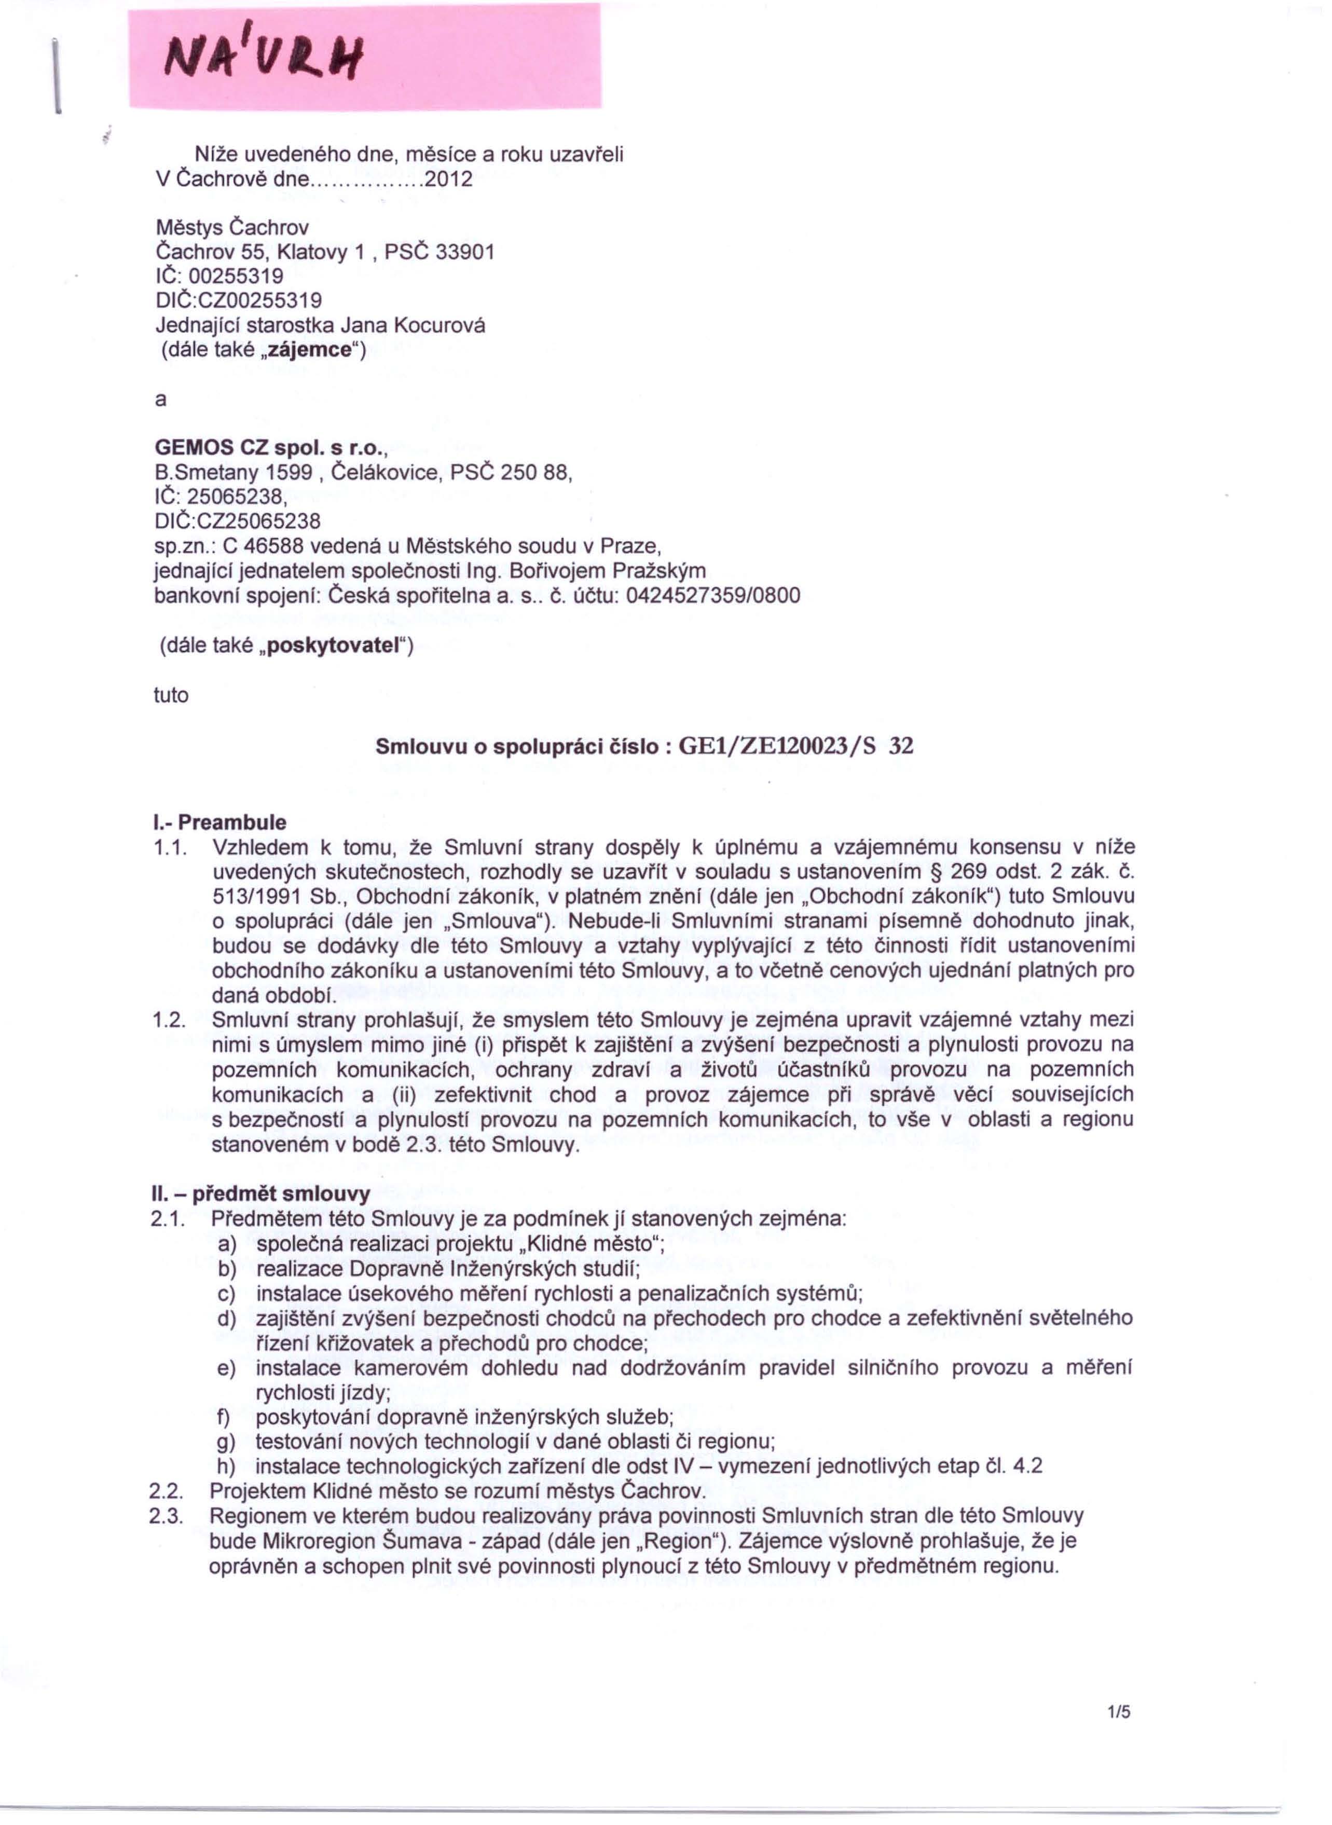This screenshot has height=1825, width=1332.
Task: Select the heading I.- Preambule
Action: tap(219, 822)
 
